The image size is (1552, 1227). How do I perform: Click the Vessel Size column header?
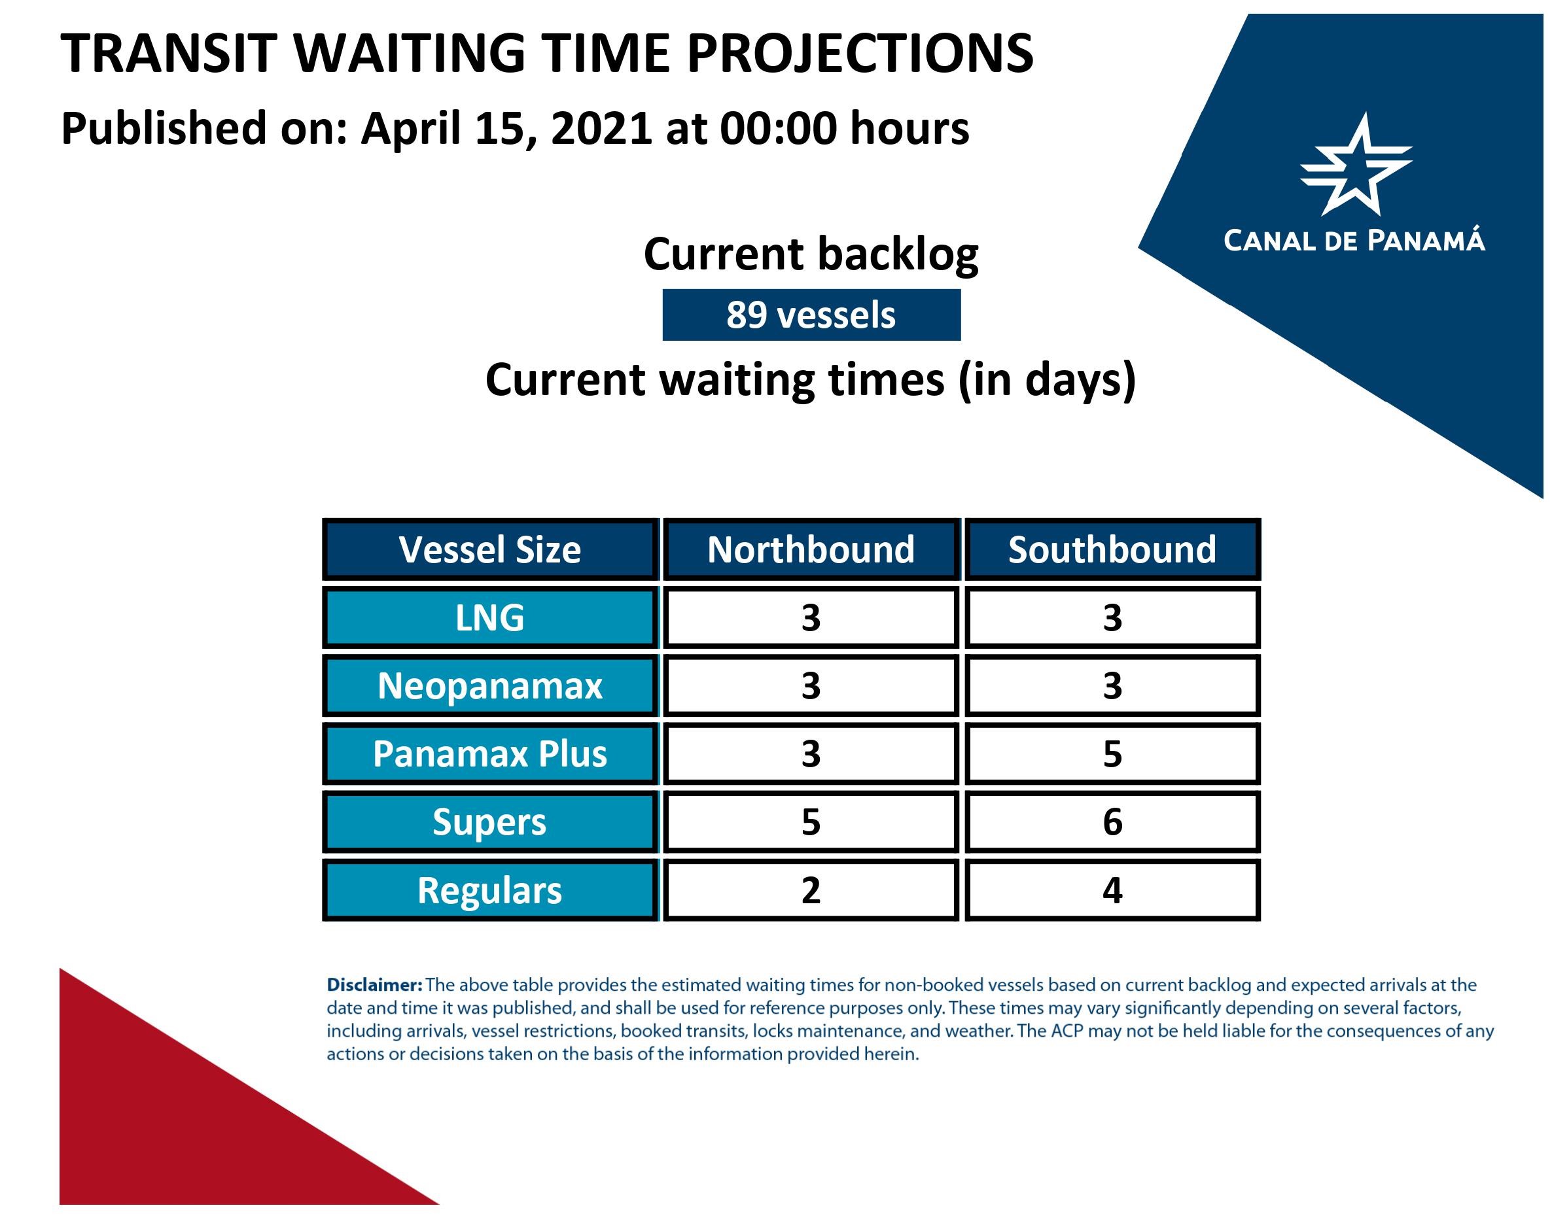click(x=490, y=549)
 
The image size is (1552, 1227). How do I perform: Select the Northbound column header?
click(x=811, y=549)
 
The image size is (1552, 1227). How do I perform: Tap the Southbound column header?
click(x=1112, y=549)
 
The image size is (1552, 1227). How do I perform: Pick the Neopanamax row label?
click(x=490, y=686)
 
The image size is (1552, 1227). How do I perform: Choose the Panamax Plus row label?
click(x=490, y=754)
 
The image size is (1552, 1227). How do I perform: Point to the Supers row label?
click(x=490, y=822)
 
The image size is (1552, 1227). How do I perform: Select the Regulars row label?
click(x=490, y=890)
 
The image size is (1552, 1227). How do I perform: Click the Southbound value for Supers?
click(x=1112, y=822)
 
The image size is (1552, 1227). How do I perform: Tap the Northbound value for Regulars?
click(x=811, y=890)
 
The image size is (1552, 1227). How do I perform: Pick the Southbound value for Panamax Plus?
click(x=1112, y=754)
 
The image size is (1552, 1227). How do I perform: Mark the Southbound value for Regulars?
click(x=1112, y=890)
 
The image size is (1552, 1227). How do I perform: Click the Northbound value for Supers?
click(x=811, y=822)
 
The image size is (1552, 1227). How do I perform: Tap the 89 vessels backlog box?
click(x=811, y=315)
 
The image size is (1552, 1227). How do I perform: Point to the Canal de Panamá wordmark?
click(x=1354, y=241)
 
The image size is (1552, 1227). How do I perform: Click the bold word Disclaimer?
click(x=374, y=985)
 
